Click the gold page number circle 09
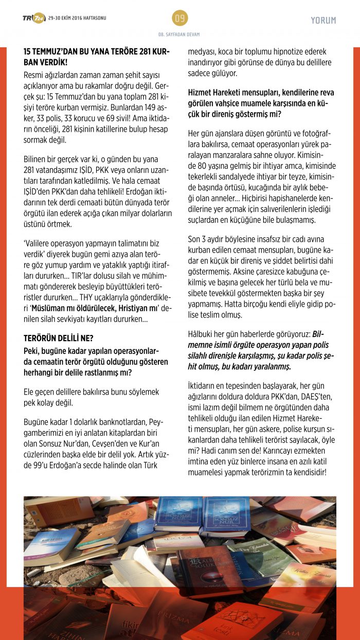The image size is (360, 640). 180,19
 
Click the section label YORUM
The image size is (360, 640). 323,21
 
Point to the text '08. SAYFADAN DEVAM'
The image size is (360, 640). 179,34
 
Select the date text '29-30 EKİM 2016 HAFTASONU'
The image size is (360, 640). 77,18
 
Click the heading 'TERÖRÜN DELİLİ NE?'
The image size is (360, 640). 58,337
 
